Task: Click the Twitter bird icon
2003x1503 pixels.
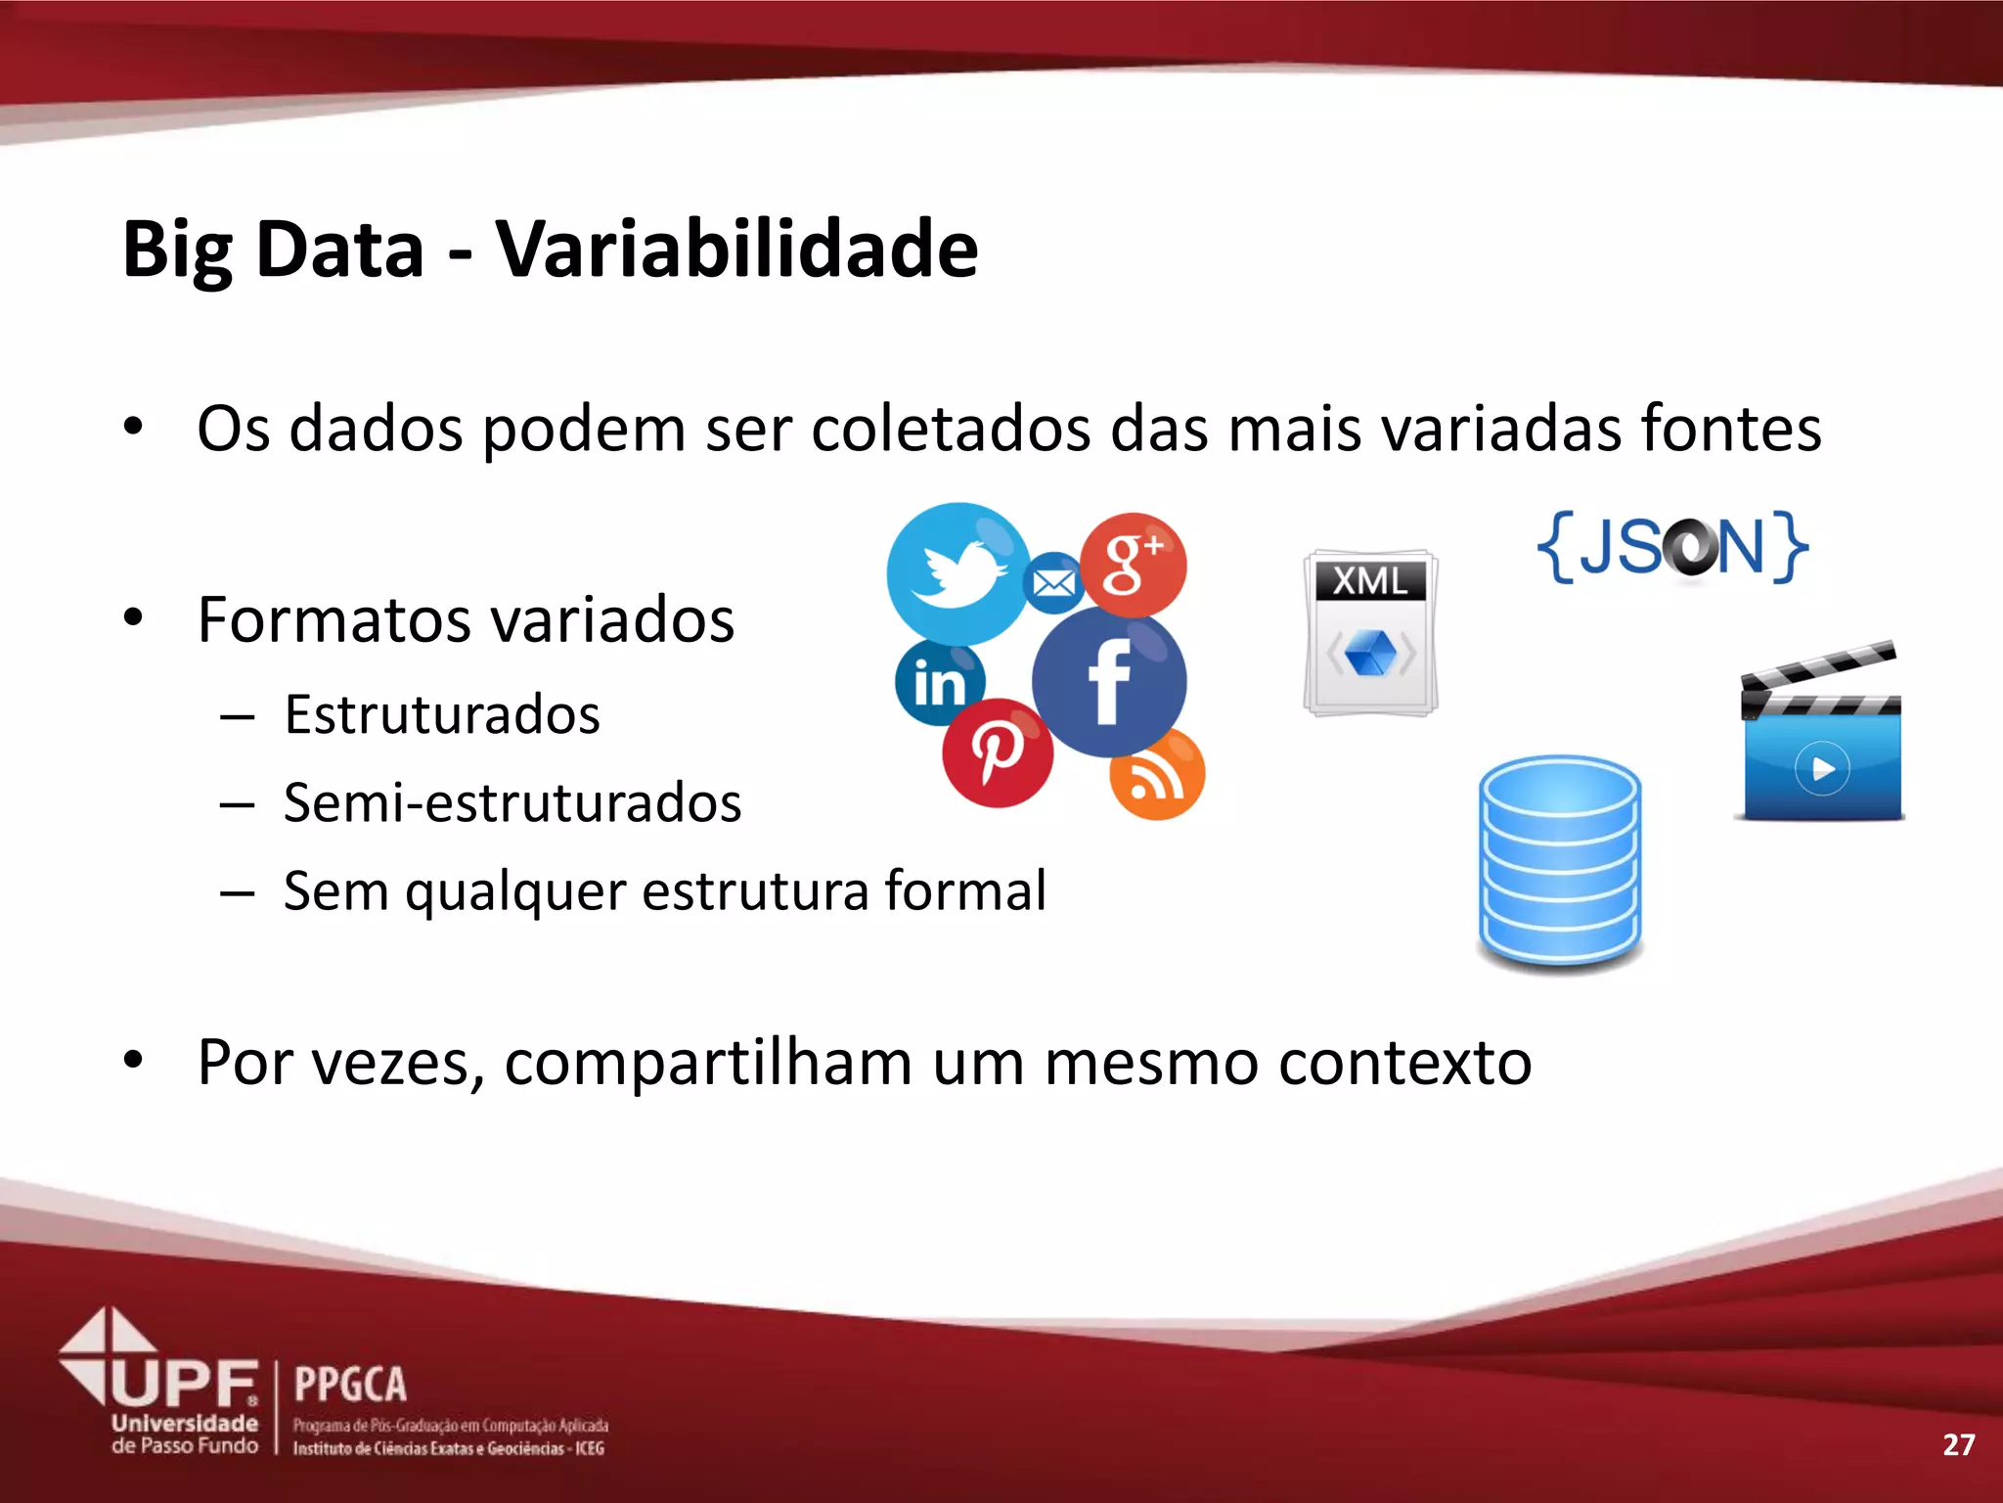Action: (x=957, y=572)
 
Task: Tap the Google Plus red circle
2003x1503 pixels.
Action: (x=1134, y=565)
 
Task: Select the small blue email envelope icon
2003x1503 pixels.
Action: (x=1053, y=583)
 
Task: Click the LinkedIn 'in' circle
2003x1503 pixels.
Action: (x=939, y=682)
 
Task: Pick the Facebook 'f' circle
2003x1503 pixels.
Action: (x=1109, y=682)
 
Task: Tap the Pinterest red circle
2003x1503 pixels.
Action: (x=997, y=752)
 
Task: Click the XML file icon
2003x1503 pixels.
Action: (x=1370, y=632)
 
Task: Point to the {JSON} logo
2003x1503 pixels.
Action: (x=1671, y=547)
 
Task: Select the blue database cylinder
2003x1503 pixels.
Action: (x=1560, y=861)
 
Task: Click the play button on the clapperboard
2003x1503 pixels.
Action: (x=1822, y=769)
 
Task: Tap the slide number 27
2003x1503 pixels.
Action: (x=1958, y=1444)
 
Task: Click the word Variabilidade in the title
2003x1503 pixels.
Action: (x=736, y=249)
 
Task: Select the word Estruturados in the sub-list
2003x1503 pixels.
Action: (x=442, y=713)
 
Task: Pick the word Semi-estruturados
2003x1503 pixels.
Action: (x=512, y=802)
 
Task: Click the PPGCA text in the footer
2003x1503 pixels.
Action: (x=350, y=1385)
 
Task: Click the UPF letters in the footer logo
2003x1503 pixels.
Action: (x=186, y=1383)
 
